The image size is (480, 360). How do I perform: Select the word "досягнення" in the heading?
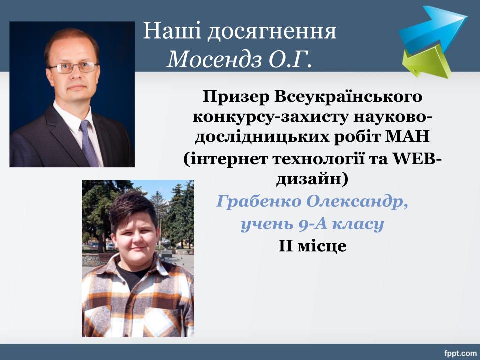[x=272, y=32]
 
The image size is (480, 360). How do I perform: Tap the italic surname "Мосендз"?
[x=214, y=59]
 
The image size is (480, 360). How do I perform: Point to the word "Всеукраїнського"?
[x=348, y=97]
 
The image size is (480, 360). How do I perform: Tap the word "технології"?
[x=319, y=159]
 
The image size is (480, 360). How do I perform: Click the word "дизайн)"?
[x=312, y=179]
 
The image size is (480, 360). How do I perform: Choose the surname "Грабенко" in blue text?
[x=259, y=202]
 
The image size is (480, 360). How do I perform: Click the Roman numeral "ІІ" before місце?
[x=286, y=246]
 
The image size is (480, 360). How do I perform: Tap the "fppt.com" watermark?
[x=460, y=354]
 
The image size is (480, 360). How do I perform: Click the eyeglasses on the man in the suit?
[x=73, y=67]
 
